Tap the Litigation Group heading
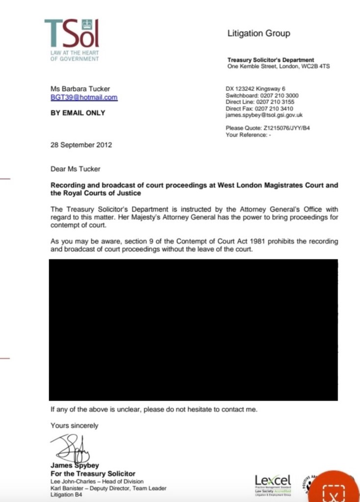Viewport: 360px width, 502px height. click(x=258, y=33)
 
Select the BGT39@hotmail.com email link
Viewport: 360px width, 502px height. click(x=84, y=97)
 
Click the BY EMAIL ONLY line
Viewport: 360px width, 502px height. click(x=78, y=112)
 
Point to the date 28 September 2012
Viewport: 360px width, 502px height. click(x=81, y=145)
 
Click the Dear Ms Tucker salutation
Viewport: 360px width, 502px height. click(x=76, y=169)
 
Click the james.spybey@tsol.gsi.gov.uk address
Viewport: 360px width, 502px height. click(x=264, y=115)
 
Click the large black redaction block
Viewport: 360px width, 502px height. click(x=193, y=330)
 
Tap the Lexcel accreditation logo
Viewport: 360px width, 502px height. click(x=273, y=483)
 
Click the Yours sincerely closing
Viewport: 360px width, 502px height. click(x=75, y=425)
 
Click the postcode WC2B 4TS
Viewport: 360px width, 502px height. click(x=314, y=66)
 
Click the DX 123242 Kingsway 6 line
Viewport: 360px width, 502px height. click(x=255, y=89)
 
